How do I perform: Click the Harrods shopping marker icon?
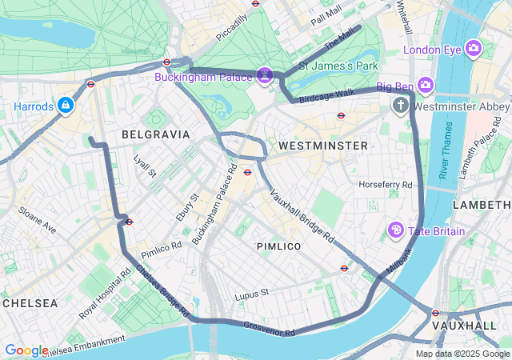(65, 105)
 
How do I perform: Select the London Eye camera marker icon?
(473, 50)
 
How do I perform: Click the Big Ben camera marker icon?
(425, 85)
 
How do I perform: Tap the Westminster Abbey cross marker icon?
(401, 106)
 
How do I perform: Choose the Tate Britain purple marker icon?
(395, 230)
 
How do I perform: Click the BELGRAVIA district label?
(155, 134)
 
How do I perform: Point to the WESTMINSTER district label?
(323, 146)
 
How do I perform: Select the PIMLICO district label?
(279, 246)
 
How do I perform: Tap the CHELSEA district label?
(30, 303)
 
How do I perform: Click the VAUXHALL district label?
(465, 326)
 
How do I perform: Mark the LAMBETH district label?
(481, 206)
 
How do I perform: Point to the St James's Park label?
(338, 65)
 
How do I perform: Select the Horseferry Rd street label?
(386, 185)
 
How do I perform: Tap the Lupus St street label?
(252, 296)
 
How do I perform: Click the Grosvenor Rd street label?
(269, 328)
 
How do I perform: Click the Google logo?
(26, 350)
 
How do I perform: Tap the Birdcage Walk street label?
(326, 97)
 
